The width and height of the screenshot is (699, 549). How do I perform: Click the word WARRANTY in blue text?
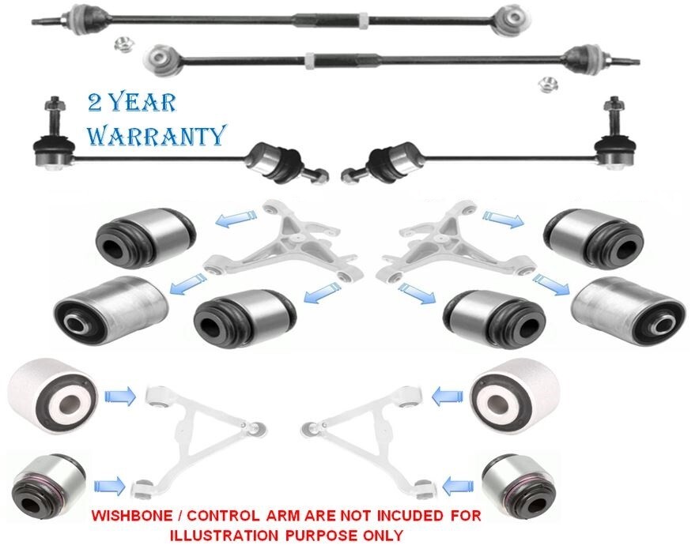tap(156, 135)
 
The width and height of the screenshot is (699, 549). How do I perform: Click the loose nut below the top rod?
tap(119, 45)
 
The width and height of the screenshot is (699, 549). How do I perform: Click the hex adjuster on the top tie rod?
tap(362, 20)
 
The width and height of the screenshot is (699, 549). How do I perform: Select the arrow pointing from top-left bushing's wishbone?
tap(236, 217)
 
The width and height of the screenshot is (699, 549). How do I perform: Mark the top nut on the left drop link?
tap(55, 106)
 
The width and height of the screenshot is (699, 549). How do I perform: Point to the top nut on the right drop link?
tap(614, 106)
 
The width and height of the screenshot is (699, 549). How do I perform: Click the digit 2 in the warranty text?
tap(96, 103)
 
